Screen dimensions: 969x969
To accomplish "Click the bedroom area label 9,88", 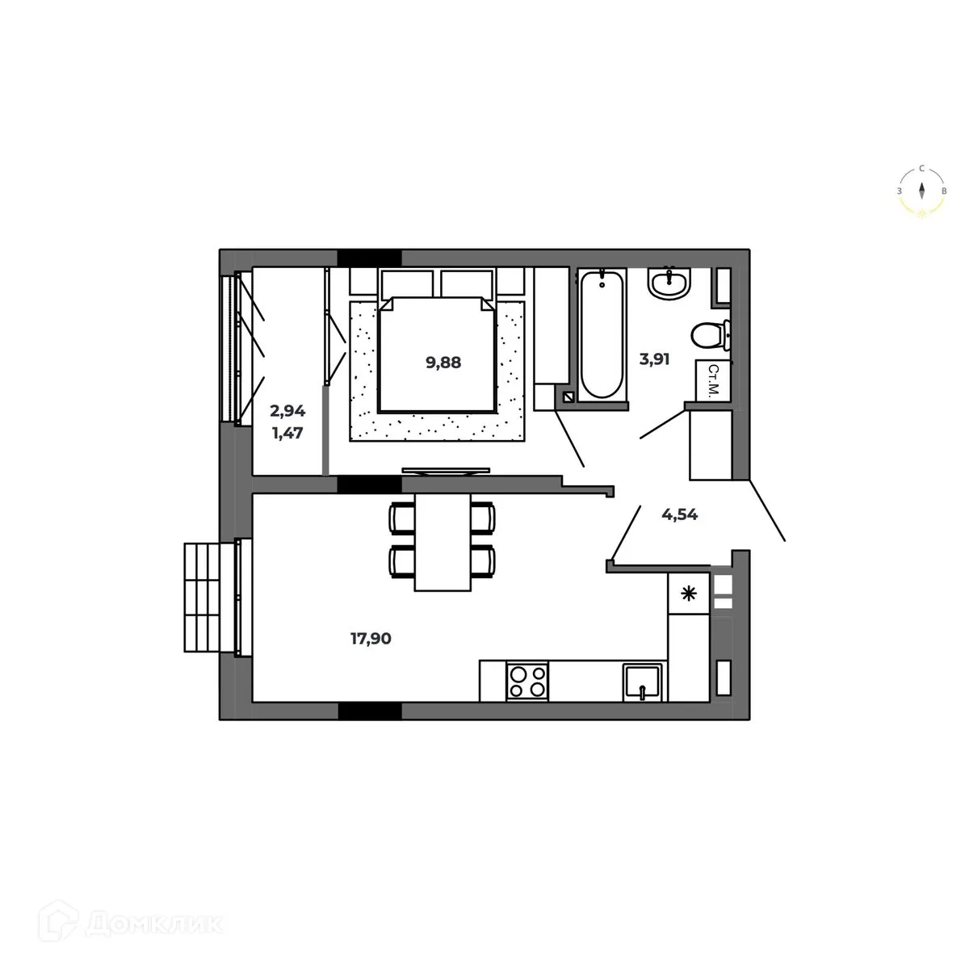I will point(443,363).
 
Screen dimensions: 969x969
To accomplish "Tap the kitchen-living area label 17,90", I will point(371,639).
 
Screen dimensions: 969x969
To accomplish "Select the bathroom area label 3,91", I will point(655,360).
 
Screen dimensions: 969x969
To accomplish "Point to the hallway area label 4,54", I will point(679,514).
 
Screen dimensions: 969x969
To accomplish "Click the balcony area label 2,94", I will point(287,411).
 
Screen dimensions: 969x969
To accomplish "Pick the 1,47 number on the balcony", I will point(287,432).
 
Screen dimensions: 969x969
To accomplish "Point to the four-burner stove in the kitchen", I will point(526,680).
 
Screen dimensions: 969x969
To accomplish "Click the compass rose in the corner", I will point(921,191).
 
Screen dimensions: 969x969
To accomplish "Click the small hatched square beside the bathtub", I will point(568,396).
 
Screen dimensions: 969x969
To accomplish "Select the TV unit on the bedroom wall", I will point(445,469).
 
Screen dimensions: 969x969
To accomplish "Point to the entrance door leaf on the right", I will point(766,510).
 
